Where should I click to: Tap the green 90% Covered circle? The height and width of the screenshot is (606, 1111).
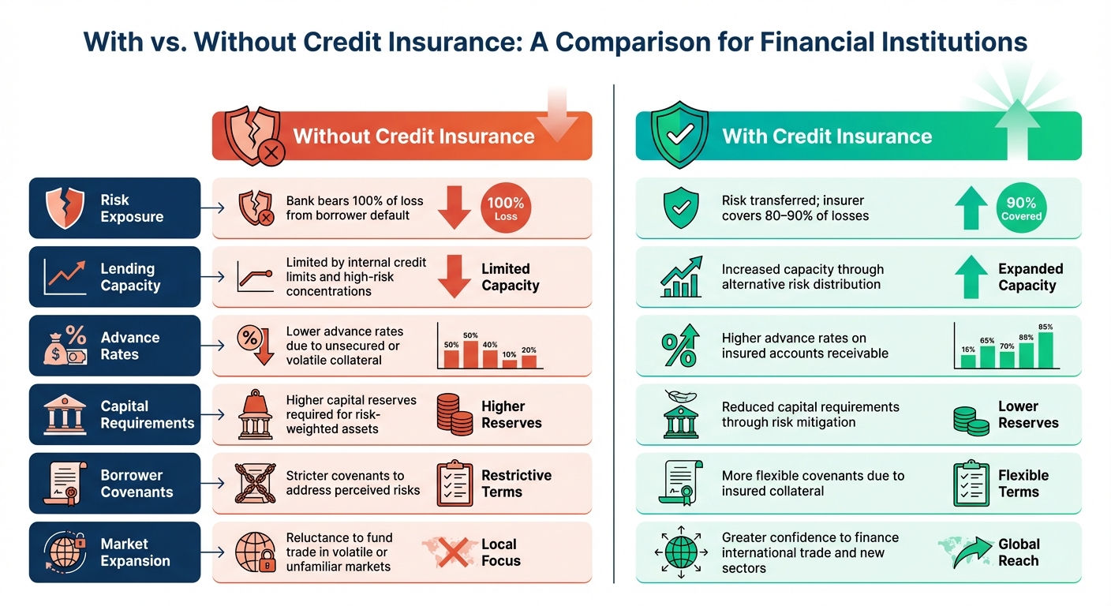pyautogui.click(x=1021, y=208)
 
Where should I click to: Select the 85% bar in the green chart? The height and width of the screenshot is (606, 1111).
pyautogui.click(x=1046, y=350)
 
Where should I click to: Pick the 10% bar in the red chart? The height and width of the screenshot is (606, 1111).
pyautogui.click(x=510, y=363)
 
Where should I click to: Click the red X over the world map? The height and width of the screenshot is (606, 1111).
pyautogui.click(x=453, y=552)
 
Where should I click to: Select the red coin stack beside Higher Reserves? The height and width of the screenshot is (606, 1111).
pyautogui.click(x=454, y=414)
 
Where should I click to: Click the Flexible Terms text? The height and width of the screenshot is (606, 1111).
pyautogui.click(x=1023, y=484)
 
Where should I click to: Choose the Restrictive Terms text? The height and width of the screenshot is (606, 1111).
pyautogui.click(x=516, y=484)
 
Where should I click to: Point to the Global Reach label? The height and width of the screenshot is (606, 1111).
pyautogui.click(x=1019, y=552)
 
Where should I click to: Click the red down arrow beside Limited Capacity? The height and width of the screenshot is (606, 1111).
pyautogui.click(x=454, y=276)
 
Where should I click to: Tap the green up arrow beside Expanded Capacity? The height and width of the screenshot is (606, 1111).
pyautogui.click(x=971, y=276)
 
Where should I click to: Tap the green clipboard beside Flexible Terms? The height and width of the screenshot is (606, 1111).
pyautogui.click(x=970, y=484)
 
